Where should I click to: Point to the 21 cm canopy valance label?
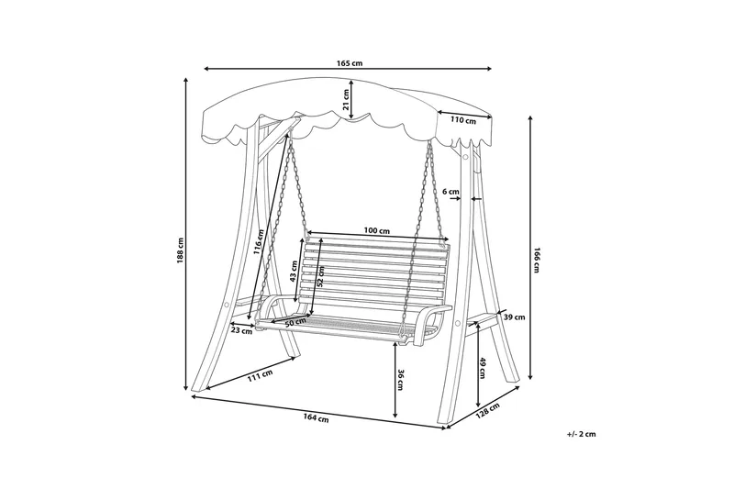(347, 99)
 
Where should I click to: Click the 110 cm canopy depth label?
(463, 120)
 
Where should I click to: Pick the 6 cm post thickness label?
(450, 191)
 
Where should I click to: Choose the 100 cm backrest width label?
(377, 229)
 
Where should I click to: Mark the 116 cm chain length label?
(261, 240)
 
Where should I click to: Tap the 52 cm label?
(320, 277)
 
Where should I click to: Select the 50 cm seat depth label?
(295, 323)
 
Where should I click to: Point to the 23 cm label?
(241, 331)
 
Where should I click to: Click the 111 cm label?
(260, 374)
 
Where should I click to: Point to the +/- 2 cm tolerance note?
(582, 433)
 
